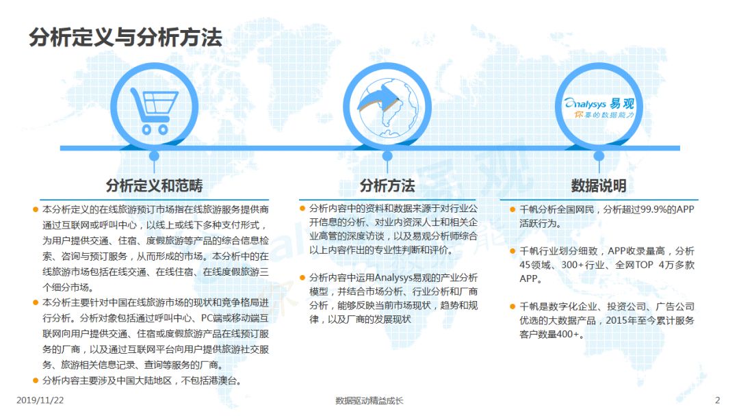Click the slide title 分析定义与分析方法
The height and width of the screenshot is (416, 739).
coord(125,37)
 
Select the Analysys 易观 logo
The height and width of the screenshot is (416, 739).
coord(599,108)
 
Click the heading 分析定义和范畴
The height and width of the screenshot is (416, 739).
coord(154,185)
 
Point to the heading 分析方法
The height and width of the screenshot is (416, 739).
coord(387,185)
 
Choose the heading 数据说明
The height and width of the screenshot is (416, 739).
coord(599,185)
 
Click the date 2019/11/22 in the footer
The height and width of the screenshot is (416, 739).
coord(40,400)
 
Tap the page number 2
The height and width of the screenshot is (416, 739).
coord(717,400)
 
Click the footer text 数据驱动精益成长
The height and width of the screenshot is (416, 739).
coord(369,401)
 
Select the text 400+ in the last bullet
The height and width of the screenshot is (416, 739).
coord(569,335)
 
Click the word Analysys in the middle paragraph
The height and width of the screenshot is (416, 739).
coord(393,278)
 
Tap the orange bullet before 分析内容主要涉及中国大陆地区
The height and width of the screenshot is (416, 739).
coord(36,380)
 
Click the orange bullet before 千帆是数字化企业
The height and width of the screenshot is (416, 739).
coord(513,307)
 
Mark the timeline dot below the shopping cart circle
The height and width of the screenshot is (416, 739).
coord(154,156)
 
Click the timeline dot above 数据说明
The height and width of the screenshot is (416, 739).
coord(599,156)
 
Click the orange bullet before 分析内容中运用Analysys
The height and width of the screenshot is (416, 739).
coord(302,278)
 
